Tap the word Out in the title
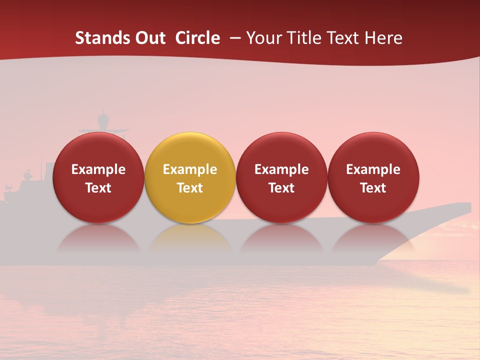coord(150,38)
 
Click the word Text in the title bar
coord(344,38)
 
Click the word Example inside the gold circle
coord(190,169)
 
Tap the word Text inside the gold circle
coord(190,188)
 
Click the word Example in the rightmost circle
coord(373,169)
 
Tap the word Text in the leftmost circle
coord(98,188)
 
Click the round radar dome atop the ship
coord(103,119)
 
